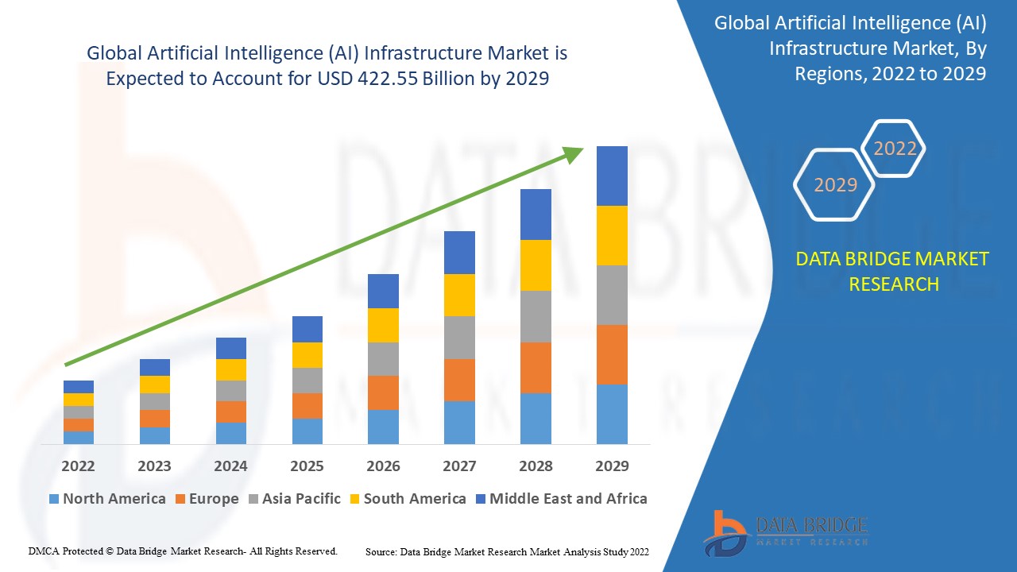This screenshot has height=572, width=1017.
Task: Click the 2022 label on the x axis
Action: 78,466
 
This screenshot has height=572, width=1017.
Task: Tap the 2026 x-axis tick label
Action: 383,466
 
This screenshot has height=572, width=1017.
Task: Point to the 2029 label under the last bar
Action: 612,466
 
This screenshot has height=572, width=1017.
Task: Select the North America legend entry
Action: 107,499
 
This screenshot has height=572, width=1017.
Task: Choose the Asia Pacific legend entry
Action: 296,499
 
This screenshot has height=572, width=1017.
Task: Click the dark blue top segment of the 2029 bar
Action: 612,176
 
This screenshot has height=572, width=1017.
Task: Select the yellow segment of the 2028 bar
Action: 536,265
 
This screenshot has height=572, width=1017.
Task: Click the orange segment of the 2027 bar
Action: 459,380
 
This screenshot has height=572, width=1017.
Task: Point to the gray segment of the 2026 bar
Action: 383,359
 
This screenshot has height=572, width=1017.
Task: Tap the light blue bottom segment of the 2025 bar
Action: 307,431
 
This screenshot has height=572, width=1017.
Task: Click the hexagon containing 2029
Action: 834,185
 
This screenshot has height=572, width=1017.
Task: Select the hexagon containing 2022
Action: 895,149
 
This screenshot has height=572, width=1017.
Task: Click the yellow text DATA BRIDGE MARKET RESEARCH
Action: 893,271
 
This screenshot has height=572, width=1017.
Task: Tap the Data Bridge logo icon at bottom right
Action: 725,532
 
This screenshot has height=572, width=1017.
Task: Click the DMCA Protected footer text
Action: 183,551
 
